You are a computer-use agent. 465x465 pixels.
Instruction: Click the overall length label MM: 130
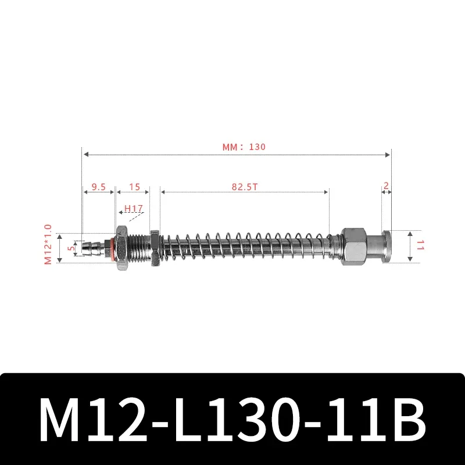(244, 147)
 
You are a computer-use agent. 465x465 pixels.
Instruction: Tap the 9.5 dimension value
(98, 187)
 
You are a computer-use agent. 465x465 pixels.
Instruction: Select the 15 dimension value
(134, 187)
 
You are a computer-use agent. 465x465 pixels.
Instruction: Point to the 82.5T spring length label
(245, 187)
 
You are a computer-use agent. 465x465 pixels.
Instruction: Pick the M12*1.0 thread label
(48, 245)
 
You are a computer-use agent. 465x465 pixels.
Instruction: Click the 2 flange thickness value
(386, 186)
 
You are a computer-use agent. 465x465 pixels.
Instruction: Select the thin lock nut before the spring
(154, 247)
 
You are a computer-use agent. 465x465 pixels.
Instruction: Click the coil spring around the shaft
(244, 247)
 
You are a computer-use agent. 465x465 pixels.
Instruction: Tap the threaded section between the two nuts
(138, 247)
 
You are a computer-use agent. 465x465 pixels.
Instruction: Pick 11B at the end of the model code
(373, 420)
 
